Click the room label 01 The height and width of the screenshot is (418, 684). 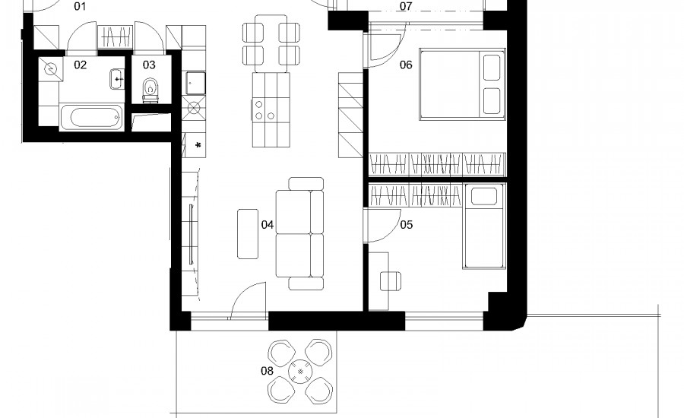point(80,6)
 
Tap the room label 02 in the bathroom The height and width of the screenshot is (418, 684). point(81,65)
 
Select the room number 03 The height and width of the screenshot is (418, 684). point(149,65)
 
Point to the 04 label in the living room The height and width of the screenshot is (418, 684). point(268,225)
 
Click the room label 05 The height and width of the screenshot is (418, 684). point(406,225)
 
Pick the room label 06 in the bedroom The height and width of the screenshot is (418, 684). point(406,65)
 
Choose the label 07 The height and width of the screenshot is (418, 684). point(406,6)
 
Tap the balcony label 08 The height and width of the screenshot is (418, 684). point(267,371)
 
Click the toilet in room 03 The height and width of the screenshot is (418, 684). point(150,90)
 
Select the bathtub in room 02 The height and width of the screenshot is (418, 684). point(90,117)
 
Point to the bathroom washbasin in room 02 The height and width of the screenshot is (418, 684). point(117,79)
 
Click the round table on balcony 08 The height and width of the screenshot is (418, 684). point(300,372)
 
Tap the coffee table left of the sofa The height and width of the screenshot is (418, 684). point(248,234)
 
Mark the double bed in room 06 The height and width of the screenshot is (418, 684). point(462,84)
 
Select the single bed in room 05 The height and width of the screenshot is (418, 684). point(484,226)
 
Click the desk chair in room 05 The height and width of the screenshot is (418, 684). point(391,281)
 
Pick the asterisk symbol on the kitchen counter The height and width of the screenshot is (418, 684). point(198,145)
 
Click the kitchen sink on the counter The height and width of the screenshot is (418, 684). point(195,84)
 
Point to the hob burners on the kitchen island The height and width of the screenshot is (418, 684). point(264,110)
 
